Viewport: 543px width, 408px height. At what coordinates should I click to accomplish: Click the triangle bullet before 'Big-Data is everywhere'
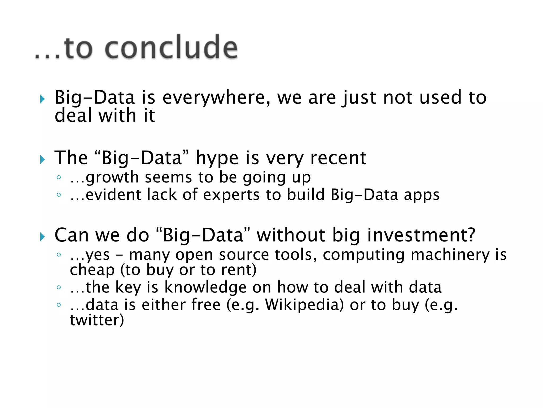pos(42,99)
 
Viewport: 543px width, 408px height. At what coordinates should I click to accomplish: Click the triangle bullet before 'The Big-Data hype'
pos(42,160)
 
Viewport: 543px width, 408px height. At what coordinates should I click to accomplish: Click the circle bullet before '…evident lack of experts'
pos(59,195)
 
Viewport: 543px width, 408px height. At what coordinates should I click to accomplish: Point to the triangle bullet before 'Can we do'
pos(42,237)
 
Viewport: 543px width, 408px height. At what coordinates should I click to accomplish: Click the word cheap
pos(92,270)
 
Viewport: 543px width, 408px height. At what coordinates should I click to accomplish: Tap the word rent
pos(237,270)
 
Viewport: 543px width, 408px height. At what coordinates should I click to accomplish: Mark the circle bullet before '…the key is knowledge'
pos(59,287)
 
